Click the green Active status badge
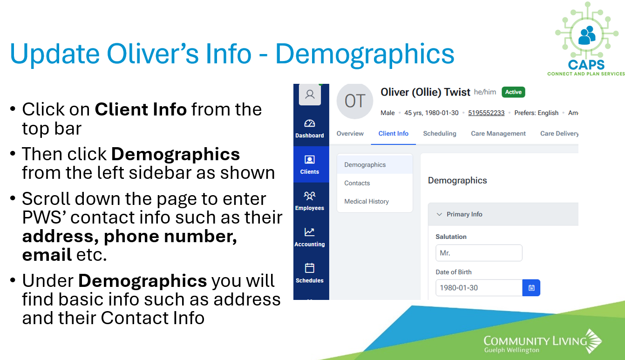pyautogui.click(x=513, y=92)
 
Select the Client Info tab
pyautogui.click(x=393, y=133)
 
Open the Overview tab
pyautogui.click(x=350, y=133)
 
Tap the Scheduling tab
pyautogui.click(x=440, y=133)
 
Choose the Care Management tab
pyautogui.click(x=498, y=133)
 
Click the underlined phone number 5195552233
pyautogui.click(x=486, y=113)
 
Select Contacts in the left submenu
pyautogui.click(x=357, y=183)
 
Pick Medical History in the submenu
pyautogui.click(x=367, y=202)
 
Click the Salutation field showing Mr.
pyautogui.click(x=479, y=253)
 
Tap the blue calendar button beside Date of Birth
pyautogui.click(x=531, y=288)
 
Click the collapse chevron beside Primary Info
pyautogui.click(x=439, y=214)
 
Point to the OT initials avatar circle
pyautogui.click(x=354, y=101)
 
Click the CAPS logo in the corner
pyautogui.click(x=586, y=39)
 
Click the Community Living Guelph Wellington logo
pyautogui.click(x=543, y=341)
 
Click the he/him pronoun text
pyautogui.click(x=485, y=92)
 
